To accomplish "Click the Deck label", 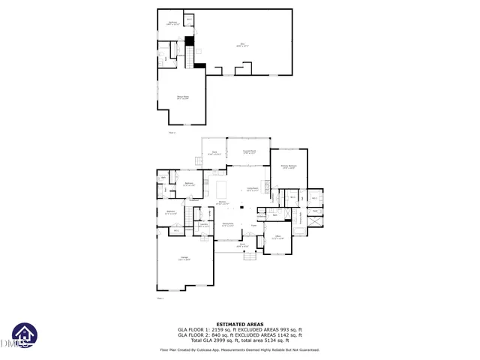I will click(x=214, y=153).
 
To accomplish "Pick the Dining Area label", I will click(x=227, y=224).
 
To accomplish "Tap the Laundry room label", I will click(x=203, y=225).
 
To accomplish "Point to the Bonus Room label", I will click(x=182, y=97).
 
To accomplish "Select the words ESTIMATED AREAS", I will click(x=240, y=324).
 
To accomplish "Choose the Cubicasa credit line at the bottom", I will click(x=240, y=349).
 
